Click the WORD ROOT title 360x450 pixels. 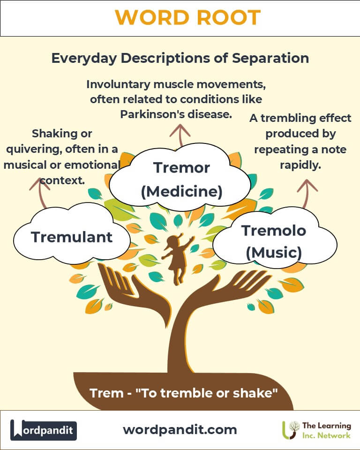point(188,18)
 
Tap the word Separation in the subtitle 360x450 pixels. point(270,58)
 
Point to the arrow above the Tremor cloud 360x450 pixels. point(180,135)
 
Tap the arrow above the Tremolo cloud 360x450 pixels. point(307,193)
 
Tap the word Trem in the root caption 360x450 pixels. point(106,393)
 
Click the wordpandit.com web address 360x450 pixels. point(180,430)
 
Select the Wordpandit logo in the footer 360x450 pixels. point(43,430)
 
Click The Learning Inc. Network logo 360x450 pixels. point(316,430)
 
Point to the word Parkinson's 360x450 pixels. point(152,114)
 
